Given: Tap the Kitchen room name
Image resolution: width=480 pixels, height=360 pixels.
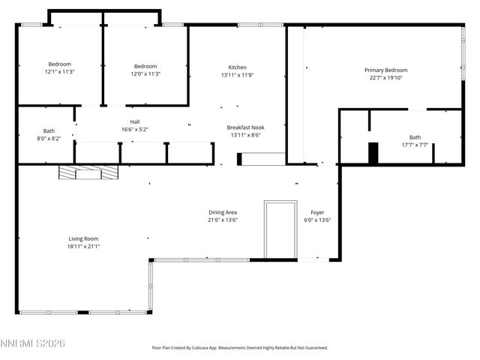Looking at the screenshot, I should point(237,67).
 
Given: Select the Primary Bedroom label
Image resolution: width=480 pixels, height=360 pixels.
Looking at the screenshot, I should point(384,70).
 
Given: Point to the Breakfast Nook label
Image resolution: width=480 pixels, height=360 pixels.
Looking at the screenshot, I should point(246,127).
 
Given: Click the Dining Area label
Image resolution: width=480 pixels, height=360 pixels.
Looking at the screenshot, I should point(223,212).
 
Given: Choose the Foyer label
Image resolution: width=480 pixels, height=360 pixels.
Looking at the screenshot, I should point(317,212).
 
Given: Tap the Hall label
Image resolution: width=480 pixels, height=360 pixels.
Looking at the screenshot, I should point(135,121).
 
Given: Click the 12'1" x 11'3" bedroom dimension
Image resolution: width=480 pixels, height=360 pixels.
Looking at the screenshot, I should point(60,73).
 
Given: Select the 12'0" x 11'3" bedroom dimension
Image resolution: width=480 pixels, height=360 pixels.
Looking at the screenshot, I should point(145,73).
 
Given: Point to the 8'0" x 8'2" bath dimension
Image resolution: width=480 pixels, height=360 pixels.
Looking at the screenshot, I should point(49,139).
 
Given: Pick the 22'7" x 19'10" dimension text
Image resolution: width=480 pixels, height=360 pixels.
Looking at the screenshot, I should point(384,78).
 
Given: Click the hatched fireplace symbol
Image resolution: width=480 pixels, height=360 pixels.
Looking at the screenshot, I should point(88,173).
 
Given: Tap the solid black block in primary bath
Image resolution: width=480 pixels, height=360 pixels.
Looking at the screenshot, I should point(373,153).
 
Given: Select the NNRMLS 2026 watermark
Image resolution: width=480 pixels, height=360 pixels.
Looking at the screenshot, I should point(33,343).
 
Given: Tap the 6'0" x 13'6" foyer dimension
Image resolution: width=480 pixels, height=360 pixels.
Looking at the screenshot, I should point(317,220).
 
